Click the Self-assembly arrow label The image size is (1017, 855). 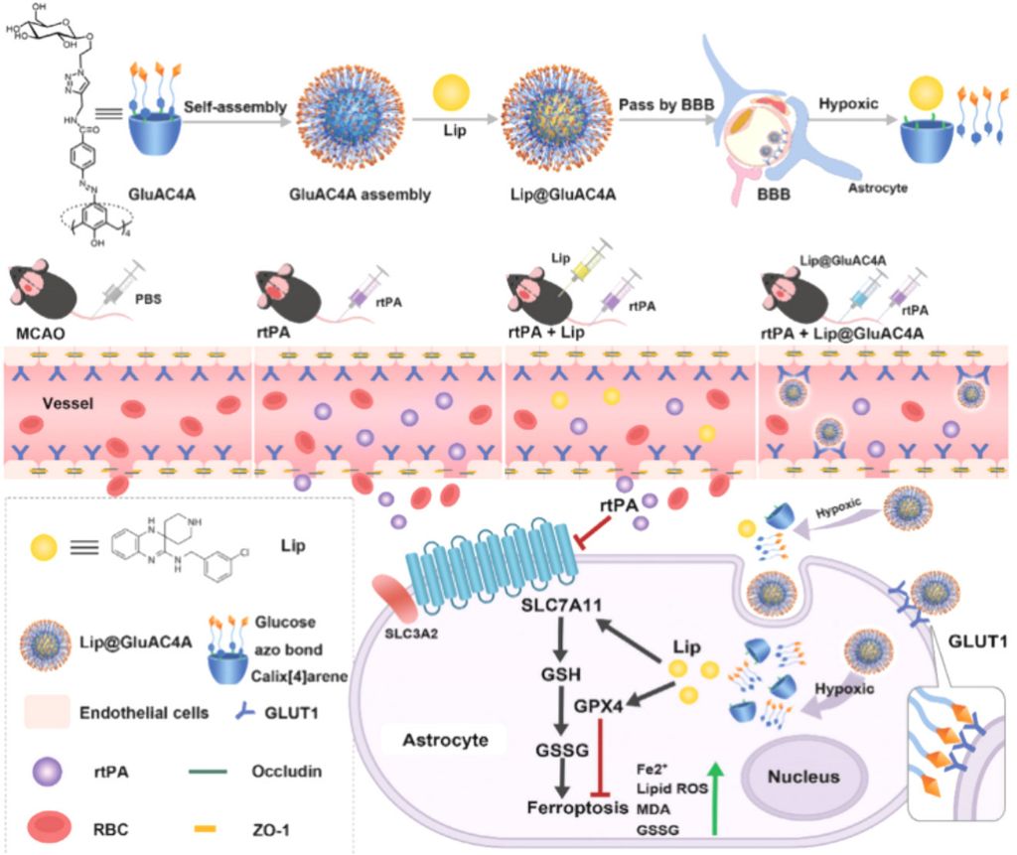pyautogui.click(x=236, y=105)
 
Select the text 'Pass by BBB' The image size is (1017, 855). pyautogui.click(x=660, y=104)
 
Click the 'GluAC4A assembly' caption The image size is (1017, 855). pyautogui.click(x=359, y=195)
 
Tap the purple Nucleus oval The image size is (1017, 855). pyautogui.click(x=801, y=777)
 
